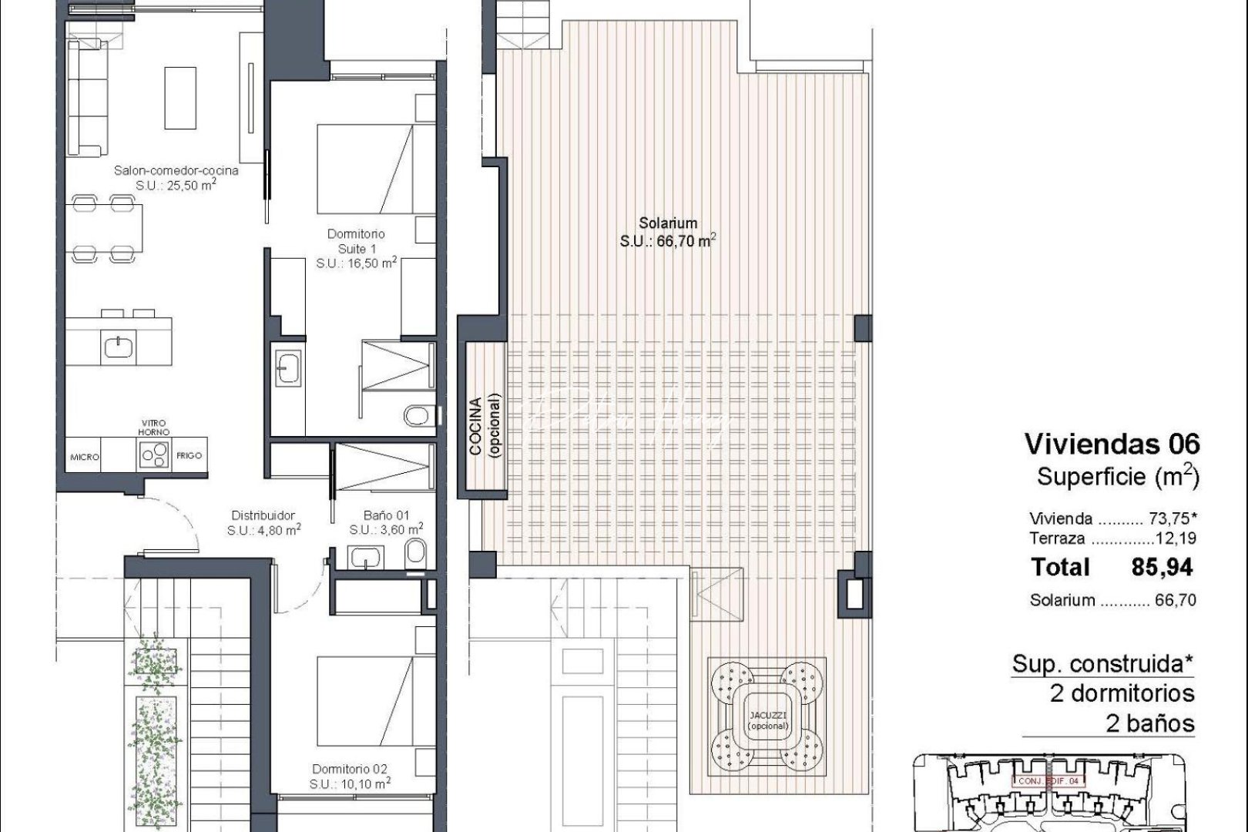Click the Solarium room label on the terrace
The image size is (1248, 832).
pyautogui.click(x=667, y=232)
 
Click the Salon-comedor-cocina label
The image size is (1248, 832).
pyautogui.click(x=176, y=177)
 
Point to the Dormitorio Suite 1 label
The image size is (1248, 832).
pyautogui.click(x=356, y=248)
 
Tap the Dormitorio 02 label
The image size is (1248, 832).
pyautogui.click(x=350, y=776)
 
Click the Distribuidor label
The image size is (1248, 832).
pyautogui.click(x=263, y=522)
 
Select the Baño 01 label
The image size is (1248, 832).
pyautogui.click(x=385, y=522)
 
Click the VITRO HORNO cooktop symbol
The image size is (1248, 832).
pyautogui.click(x=154, y=456)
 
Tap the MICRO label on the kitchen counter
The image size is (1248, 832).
pyautogui.click(x=85, y=457)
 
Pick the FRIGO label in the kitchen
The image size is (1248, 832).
pyautogui.click(x=189, y=456)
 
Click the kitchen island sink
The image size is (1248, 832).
pyautogui.click(x=119, y=347)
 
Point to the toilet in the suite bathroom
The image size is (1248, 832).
pyautogui.click(x=417, y=416)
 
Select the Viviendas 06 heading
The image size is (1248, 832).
pyautogui.click(x=1112, y=444)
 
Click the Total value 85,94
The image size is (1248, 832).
pyautogui.click(x=1162, y=568)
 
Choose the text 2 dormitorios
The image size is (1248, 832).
pyautogui.click(x=1122, y=693)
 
